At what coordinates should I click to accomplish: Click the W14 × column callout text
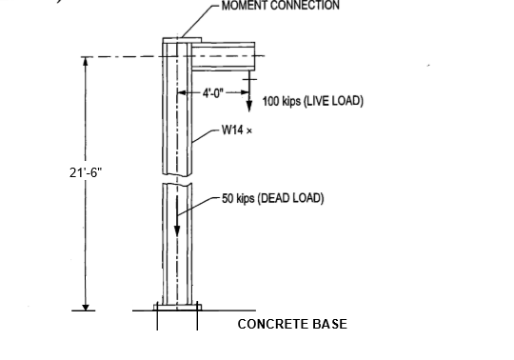click(x=232, y=131)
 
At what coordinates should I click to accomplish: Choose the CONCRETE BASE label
click(x=291, y=324)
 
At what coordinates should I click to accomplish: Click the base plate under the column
click(x=177, y=309)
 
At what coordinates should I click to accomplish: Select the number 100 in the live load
click(x=271, y=100)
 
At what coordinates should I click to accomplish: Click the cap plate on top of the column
click(x=177, y=41)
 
